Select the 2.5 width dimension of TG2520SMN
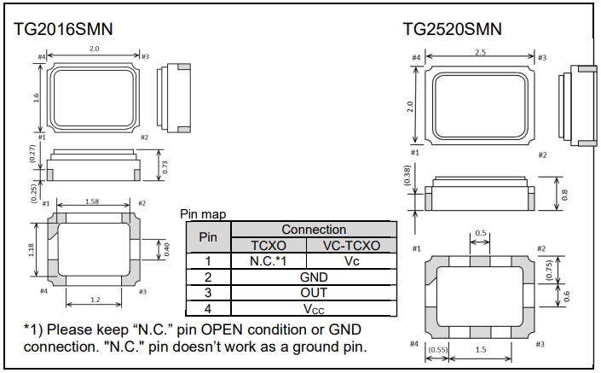point(480,53)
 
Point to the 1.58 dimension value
point(91,202)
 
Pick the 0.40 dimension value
point(168,249)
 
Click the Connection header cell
point(314,230)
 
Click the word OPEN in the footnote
point(242,329)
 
